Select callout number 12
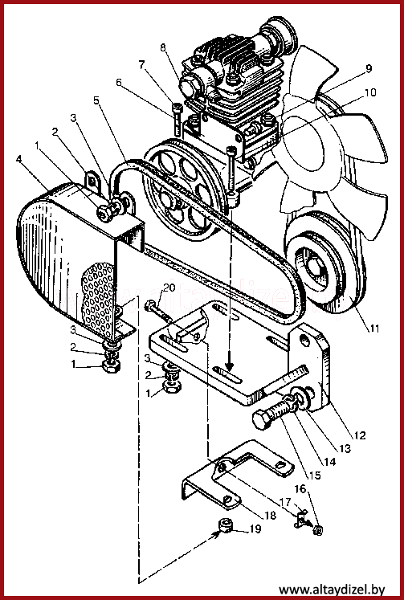pyautogui.click(x=359, y=435)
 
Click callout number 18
pyautogui.click(x=270, y=515)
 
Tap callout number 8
pyautogui.click(x=163, y=47)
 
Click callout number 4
pyautogui.click(x=18, y=159)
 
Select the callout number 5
pyautogui.click(x=96, y=100)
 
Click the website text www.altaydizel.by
pyautogui.click(x=331, y=590)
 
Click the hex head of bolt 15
pyautogui.click(x=263, y=419)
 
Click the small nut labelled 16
pyautogui.click(x=317, y=530)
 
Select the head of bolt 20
pyautogui.click(x=150, y=305)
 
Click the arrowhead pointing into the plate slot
pyautogui.click(x=229, y=365)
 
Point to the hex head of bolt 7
pyautogui.click(x=176, y=107)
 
